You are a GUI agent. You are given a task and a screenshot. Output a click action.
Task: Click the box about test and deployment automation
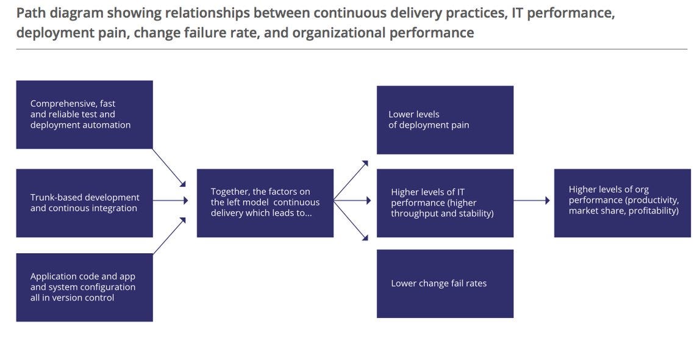tap(84, 115)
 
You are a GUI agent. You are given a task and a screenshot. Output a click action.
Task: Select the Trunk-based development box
tap(84, 203)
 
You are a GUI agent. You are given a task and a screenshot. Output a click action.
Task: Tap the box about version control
tap(84, 287)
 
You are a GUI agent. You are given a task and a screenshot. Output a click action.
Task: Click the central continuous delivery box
tap(265, 203)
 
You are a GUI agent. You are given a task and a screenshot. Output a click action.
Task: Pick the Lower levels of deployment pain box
tap(445, 120)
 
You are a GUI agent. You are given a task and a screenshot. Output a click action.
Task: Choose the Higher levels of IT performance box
tap(445, 203)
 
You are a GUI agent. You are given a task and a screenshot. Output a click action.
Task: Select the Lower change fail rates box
tap(445, 283)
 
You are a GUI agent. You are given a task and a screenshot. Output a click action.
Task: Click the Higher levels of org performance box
tap(622, 203)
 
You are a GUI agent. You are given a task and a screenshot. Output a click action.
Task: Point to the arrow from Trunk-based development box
tap(170, 200)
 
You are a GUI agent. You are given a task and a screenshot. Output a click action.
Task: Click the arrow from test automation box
tap(169, 167)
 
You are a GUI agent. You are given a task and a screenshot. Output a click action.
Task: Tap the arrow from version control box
tap(169, 236)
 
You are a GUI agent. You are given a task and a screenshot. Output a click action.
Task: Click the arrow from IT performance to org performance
tap(531, 200)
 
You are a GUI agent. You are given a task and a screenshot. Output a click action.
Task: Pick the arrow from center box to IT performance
tap(352, 200)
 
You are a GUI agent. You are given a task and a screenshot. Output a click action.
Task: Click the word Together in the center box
tap(229, 192)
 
